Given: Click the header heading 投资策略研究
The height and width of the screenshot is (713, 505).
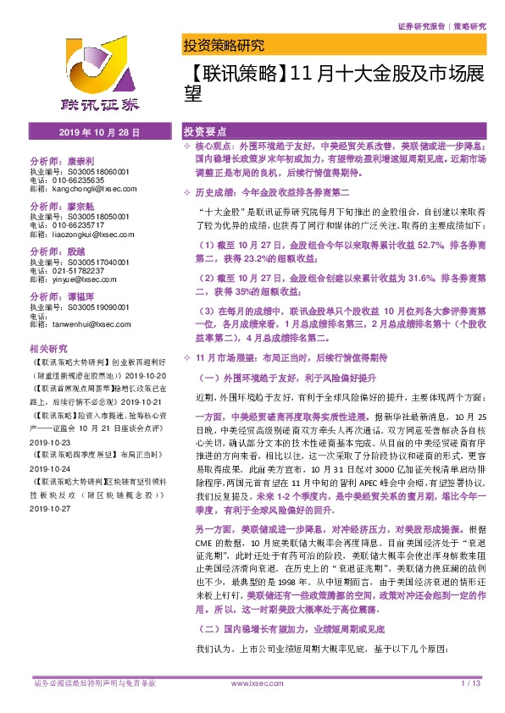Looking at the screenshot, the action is [x=224, y=45].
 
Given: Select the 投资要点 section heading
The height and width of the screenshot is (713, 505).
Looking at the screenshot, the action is [x=205, y=133].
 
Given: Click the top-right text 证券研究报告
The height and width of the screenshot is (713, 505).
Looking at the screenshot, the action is [x=420, y=26].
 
